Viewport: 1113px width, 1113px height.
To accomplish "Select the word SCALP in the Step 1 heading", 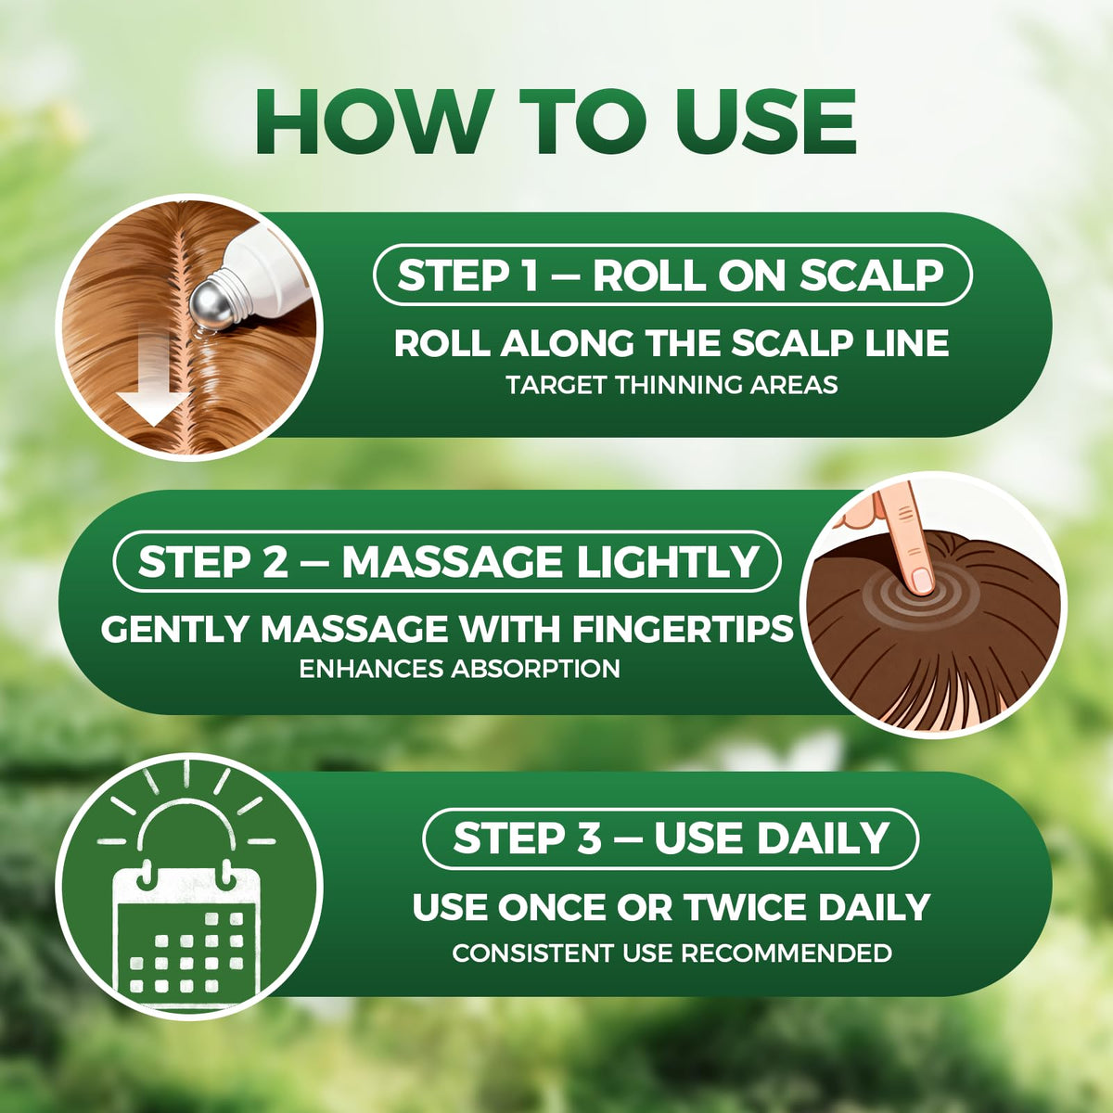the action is point(872,275).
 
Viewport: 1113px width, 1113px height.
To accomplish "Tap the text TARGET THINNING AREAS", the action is point(672,384).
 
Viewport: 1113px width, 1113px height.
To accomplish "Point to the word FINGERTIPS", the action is point(682,629).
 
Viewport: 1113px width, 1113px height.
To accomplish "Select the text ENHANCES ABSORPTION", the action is point(460,669).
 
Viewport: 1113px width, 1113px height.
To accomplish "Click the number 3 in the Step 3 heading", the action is point(588,838).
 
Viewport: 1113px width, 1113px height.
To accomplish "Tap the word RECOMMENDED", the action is point(787,953).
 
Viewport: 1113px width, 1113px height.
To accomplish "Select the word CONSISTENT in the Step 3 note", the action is point(533,953).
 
